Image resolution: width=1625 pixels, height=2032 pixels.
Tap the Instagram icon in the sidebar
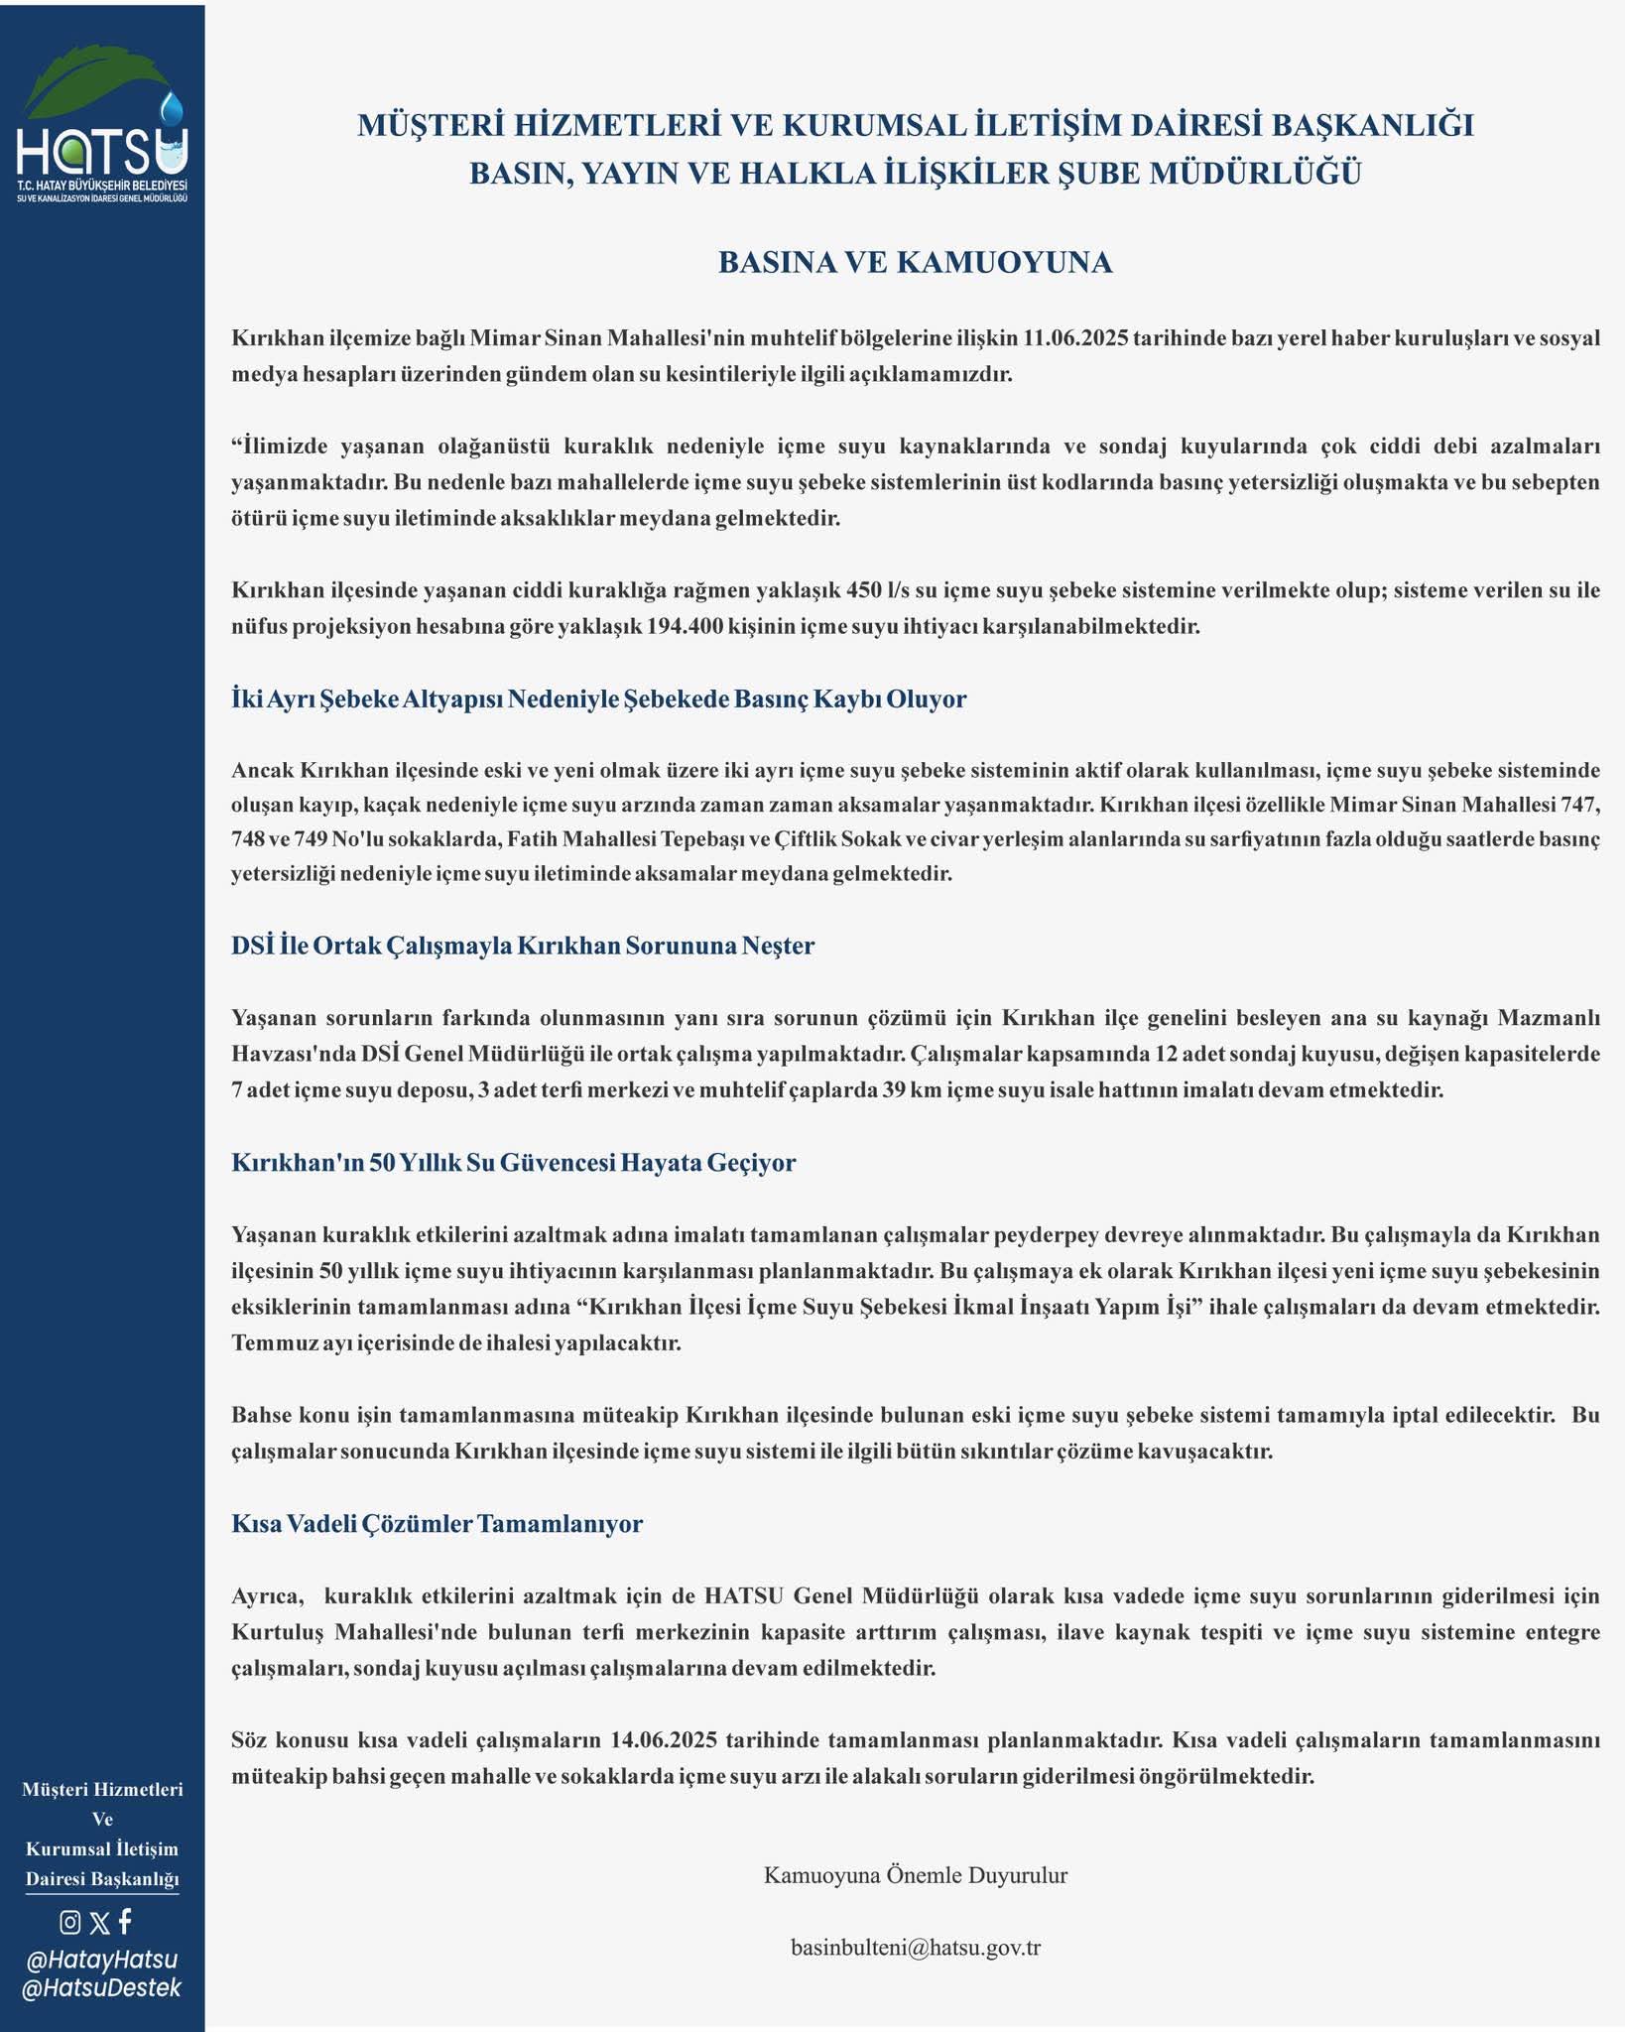[x=70, y=1922]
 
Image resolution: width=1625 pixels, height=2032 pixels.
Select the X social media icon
[x=99, y=1923]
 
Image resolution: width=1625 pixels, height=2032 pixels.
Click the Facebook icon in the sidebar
[x=125, y=1921]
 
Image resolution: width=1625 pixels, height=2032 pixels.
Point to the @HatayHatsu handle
[x=101, y=1960]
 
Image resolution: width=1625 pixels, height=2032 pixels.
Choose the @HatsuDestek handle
[x=101, y=1988]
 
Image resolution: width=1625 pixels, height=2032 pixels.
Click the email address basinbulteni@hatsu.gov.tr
[x=915, y=1947]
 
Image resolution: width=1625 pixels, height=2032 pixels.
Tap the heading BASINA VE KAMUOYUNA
[x=915, y=262]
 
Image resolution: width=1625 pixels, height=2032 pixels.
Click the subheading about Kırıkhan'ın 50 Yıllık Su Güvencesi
[x=513, y=1162]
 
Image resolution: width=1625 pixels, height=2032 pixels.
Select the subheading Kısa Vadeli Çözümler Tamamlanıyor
[x=437, y=1524]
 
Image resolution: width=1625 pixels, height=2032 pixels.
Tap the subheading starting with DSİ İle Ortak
[x=522, y=946]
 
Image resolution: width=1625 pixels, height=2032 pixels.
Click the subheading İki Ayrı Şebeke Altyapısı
[x=598, y=698]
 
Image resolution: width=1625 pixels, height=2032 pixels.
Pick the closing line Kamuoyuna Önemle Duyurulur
[x=915, y=1875]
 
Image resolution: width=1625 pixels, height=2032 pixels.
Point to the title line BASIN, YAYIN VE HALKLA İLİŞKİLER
[x=915, y=174]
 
